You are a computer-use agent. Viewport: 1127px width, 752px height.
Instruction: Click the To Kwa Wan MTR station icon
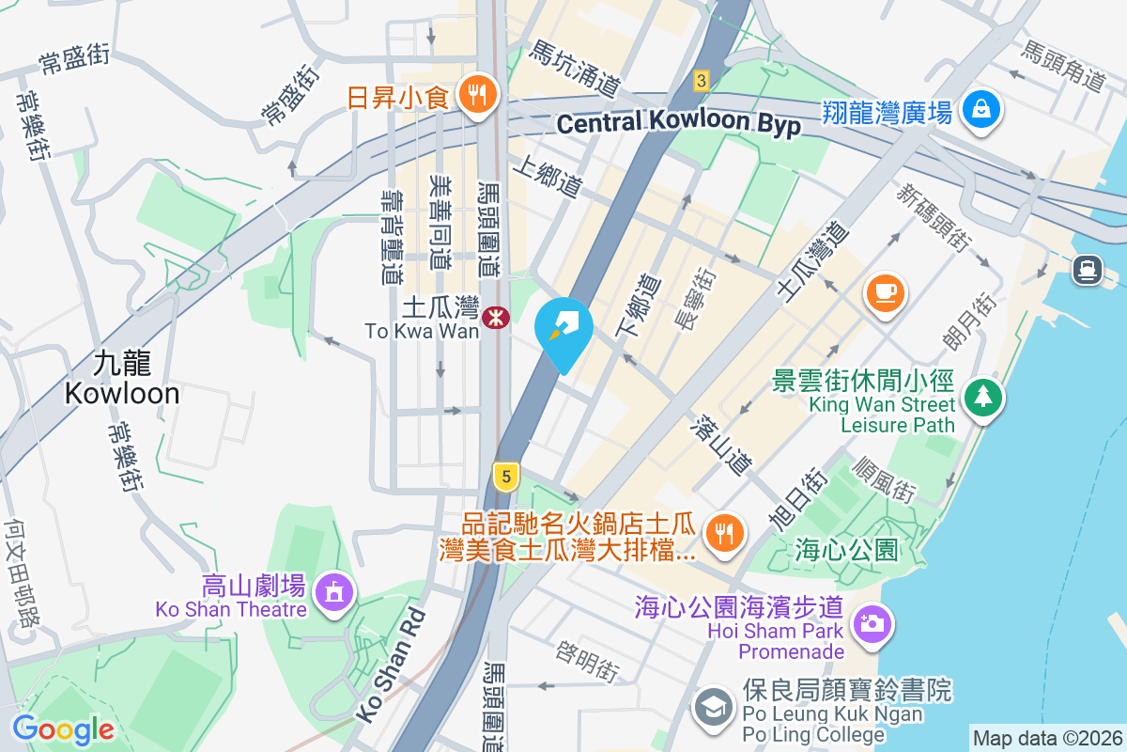pyautogui.click(x=493, y=319)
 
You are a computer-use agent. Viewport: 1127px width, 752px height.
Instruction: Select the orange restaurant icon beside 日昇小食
pyautogui.click(x=478, y=95)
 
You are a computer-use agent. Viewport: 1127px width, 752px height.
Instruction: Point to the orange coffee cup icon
pyautogui.click(x=886, y=292)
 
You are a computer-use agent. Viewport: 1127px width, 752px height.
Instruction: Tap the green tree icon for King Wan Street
pyautogui.click(x=982, y=398)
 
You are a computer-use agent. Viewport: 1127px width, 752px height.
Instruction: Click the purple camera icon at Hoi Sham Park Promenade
pyautogui.click(x=872, y=624)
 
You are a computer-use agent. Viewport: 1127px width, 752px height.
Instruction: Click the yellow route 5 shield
pyautogui.click(x=506, y=477)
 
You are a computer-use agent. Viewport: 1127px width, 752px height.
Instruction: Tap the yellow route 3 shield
pyautogui.click(x=701, y=81)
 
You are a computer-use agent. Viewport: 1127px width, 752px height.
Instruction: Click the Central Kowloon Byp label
pyautogui.click(x=678, y=123)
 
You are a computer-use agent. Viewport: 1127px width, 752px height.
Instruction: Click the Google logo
pyautogui.click(x=63, y=729)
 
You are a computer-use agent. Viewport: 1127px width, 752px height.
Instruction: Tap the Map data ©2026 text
pyautogui.click(x=1047, y=739)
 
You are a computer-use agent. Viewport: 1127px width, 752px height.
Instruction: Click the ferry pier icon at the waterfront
pyautogui.click(x=1087, y=270)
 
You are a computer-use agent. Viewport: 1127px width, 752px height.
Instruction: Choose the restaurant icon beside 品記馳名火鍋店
pyautogui.click(x=723, y=534)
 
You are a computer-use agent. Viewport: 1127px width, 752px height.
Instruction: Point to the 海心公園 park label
pyautogui.click(x=846, y=548)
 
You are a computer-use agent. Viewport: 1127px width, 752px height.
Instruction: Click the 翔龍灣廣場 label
pyautogui.click(x=888, y=113)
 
